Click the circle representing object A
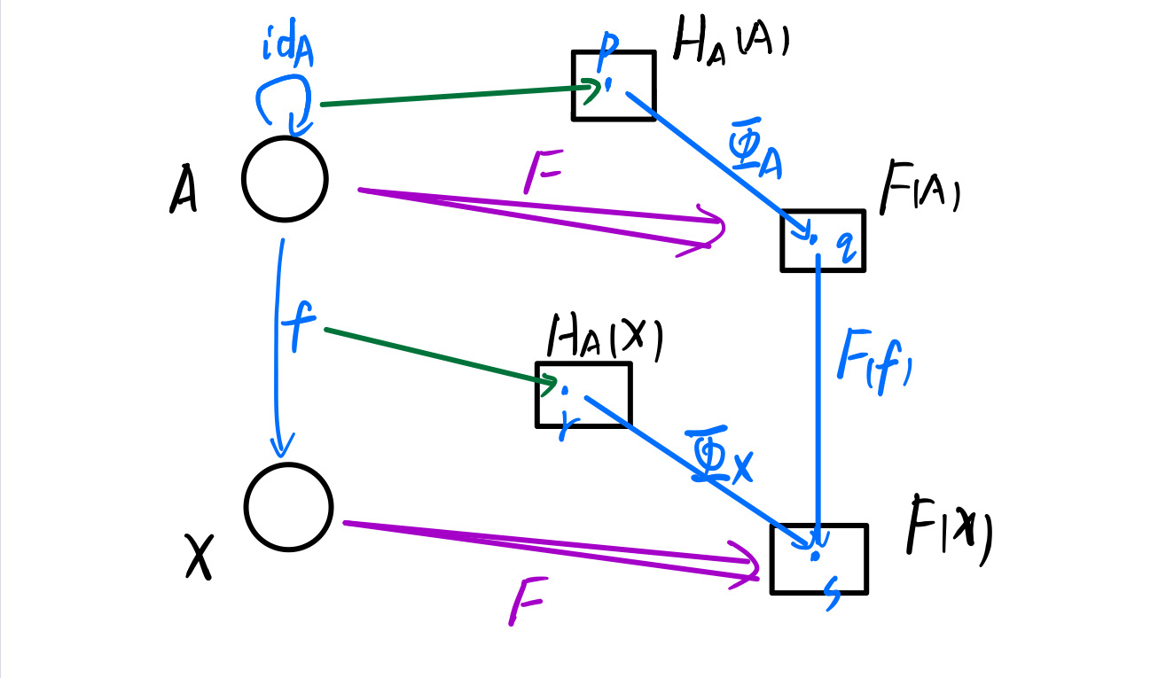click(x=285, y=179)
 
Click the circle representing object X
click(x=288, y=507)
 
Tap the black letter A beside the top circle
click(x=183, y=191)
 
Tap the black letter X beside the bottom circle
click(x=199, y=557)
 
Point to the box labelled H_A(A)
click(x=614, y=85)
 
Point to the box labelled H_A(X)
click(x=583, y=394)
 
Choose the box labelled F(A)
click(x=822, y=240)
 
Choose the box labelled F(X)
click(x=818, y=558)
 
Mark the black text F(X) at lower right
click(x=947, y=530)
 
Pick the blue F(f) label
click(x=873, y=358)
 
